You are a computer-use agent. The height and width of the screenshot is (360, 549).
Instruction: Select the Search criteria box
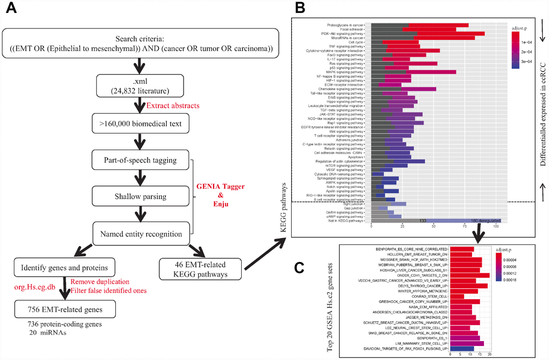tap(141, 45)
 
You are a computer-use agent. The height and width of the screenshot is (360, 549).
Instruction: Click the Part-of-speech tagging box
tap(141, 161)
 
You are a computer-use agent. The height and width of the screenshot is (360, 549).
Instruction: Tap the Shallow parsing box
tap(141, 197)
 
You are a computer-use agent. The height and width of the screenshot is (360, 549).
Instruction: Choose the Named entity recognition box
tap(141, 234)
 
